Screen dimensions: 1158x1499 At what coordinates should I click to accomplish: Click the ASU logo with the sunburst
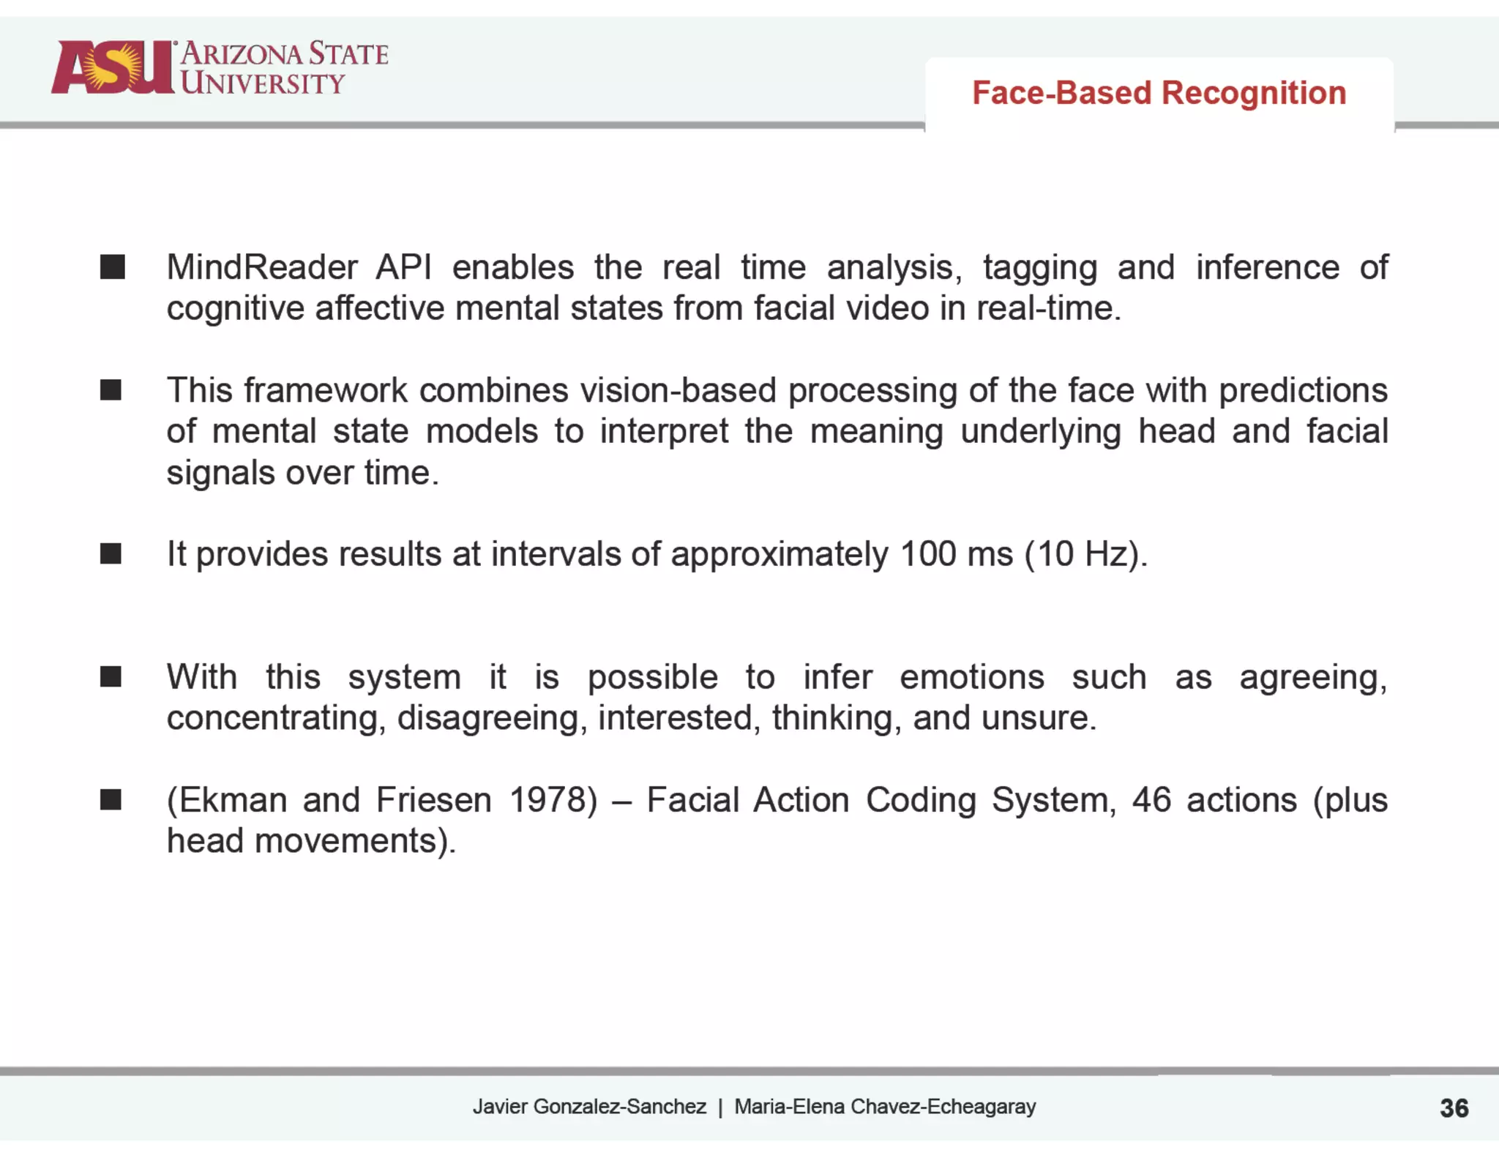[113, 67]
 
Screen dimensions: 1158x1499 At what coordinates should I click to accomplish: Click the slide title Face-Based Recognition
[1159, 93]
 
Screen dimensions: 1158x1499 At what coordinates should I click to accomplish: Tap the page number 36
[1454, 1107]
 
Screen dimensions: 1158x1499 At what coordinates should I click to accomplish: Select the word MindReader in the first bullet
[262, 267]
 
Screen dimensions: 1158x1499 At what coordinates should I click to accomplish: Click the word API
[403, 267]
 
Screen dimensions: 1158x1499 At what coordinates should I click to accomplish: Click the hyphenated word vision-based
[678, 390]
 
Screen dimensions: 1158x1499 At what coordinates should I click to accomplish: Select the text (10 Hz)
[1086, 554]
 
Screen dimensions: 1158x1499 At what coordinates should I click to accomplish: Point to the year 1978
[553, 800]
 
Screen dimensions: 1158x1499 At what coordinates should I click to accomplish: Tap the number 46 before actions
[1151, 800]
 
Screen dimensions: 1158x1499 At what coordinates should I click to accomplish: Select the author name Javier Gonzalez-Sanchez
[589, 1107]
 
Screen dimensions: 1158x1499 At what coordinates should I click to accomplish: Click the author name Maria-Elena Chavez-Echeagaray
[885, 1107]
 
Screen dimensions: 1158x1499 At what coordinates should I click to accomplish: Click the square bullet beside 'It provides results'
[111, 554]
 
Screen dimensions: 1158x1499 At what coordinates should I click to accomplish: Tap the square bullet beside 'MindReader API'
[112, 267]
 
